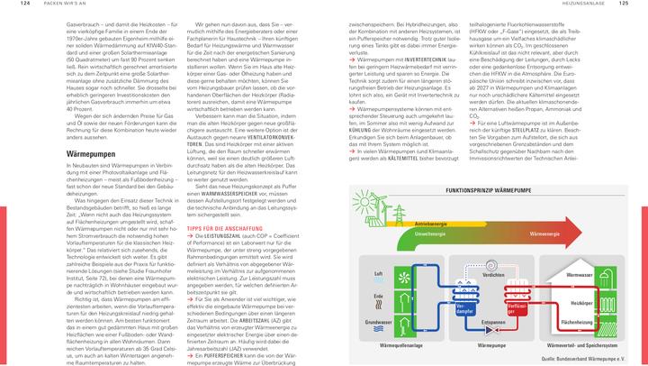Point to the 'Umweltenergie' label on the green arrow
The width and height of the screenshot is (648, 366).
430,233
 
